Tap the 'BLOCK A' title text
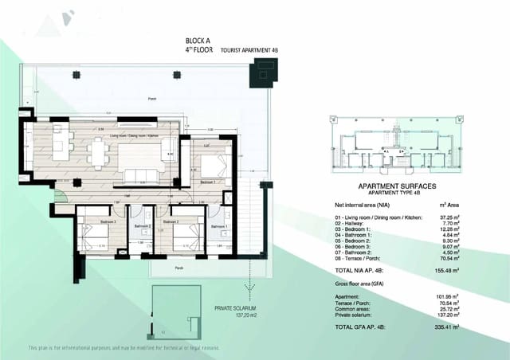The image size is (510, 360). point(196,39)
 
